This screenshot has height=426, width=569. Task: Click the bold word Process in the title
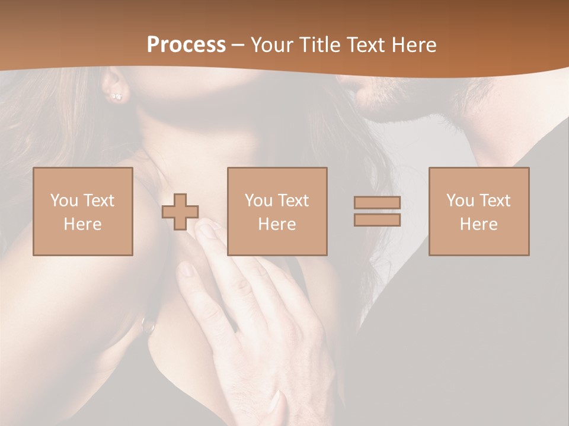pos(186,45)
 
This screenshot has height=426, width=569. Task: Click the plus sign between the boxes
pos(180,212)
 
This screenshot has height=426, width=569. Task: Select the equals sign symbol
pos(377,211)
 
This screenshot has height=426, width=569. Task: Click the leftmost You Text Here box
pos(82,211)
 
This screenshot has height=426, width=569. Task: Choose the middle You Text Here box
pos(277,211)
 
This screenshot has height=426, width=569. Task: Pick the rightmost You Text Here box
pos(478,211)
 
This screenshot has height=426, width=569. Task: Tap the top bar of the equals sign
pos(377,203)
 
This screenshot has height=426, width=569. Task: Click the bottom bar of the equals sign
pos(377,220)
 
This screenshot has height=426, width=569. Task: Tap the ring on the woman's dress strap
pos(146,324)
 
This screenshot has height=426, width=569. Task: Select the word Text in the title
pos(364,45)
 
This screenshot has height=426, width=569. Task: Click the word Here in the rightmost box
pos(478,224)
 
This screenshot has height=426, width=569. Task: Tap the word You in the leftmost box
pos(64,201)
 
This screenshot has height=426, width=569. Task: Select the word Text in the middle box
pos(293,201)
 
